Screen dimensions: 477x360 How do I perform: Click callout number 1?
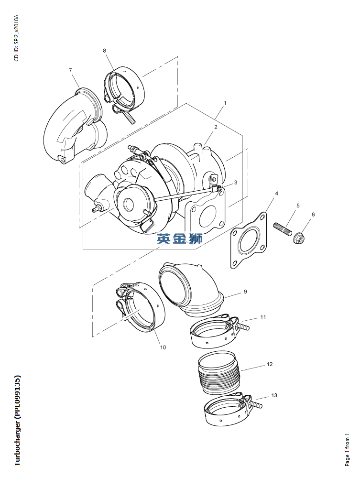pyautogui.click(x=225, y=103)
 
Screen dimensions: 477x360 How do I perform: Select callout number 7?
pyautogui.click(x=70, y=71)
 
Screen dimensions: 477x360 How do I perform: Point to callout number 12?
pyautogui.click(x=270, y=364)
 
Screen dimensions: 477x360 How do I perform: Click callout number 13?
pyautogui.click(x=274, y=395)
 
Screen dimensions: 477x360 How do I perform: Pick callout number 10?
pyautogui.click(x=163, y=347)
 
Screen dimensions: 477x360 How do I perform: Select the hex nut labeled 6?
pyautogui.click(x=300, y=237)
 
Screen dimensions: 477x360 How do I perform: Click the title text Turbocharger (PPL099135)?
pyautogui.click(x=17, y=421)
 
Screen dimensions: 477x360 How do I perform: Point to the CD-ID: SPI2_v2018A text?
pyautogui.click(x=17, y=38)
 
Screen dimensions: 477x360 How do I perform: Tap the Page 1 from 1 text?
pyautogui.click(x=348, y=449)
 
